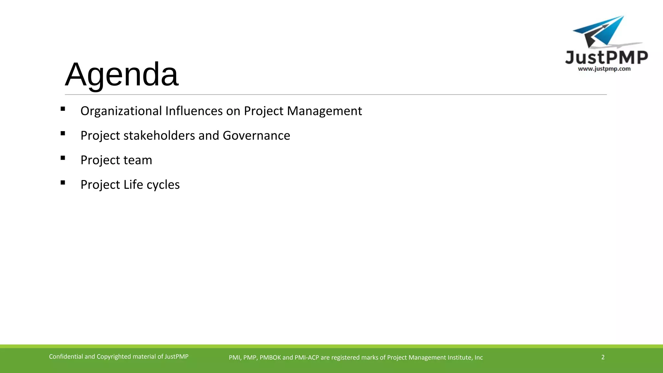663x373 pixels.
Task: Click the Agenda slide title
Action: pos(122,74)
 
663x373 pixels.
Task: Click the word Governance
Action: pos(256,136)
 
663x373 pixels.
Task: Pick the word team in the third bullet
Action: pos(138,160)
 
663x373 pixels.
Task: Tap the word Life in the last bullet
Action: pos(133,185)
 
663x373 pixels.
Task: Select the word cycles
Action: pos(163,185)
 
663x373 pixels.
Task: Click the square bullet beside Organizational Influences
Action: pos(63,109)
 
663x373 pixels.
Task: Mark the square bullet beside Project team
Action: pos(63,158)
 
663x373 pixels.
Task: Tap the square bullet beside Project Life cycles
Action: pos(63,183)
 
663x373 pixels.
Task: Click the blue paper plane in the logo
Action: pos(602,31)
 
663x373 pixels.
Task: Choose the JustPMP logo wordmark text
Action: pos(606,58)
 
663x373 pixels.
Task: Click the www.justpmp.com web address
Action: pos(604,69)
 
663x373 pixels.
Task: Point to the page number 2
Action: pos(603,357)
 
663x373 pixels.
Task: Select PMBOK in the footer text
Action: pos(270,357)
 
